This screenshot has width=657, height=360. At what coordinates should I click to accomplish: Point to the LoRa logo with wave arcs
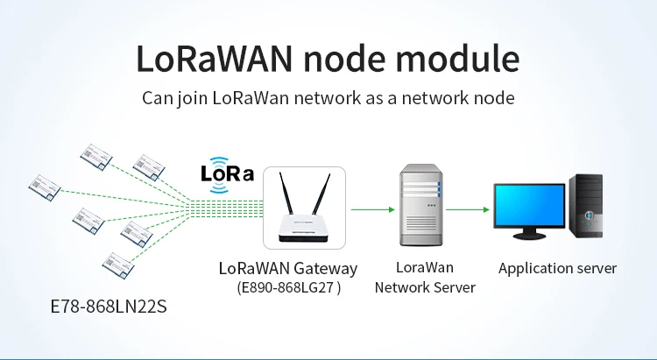point(227,173)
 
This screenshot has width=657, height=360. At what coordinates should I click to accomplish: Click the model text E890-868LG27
point(288,287)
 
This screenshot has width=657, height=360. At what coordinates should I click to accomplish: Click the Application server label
point(557,268)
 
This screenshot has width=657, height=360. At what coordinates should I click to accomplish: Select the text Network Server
point(425,287)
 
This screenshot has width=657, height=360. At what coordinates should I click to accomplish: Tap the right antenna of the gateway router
point(321,196)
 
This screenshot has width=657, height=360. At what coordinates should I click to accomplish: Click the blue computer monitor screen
point(529,203)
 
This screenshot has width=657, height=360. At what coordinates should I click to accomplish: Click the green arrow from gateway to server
point(371,209)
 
